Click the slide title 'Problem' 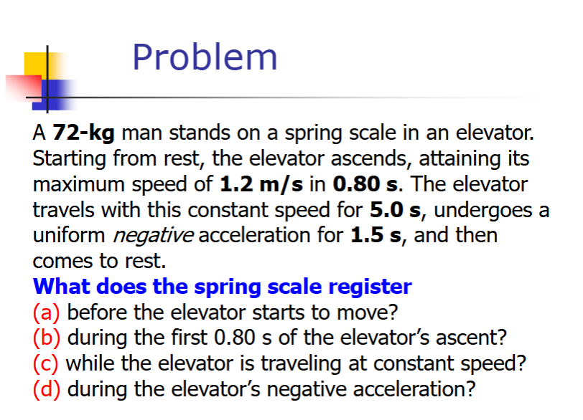point(205,58)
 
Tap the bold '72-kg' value point(84,133)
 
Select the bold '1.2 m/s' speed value point(261,184)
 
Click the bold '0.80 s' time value point(365,184)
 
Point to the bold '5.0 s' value point(395,209)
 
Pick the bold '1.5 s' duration point(376,235)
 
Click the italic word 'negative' point(153,236)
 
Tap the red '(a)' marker point(46,312)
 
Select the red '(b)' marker point(47,338)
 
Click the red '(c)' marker point(45,363)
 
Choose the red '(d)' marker point(47,390)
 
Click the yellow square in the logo point(41,66)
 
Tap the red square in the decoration point(24,87)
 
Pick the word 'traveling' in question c point(301,364)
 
